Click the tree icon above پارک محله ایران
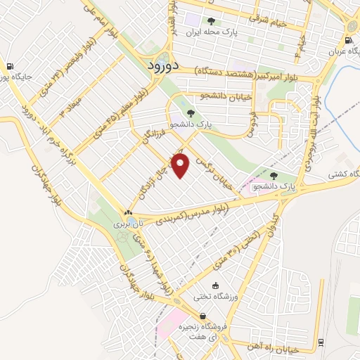pyautogui.click(x=211, y=21)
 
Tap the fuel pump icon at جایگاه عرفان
pyautogui.click(x=349, y=41)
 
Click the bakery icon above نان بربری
pyautogui.click(x=127, y=212)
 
